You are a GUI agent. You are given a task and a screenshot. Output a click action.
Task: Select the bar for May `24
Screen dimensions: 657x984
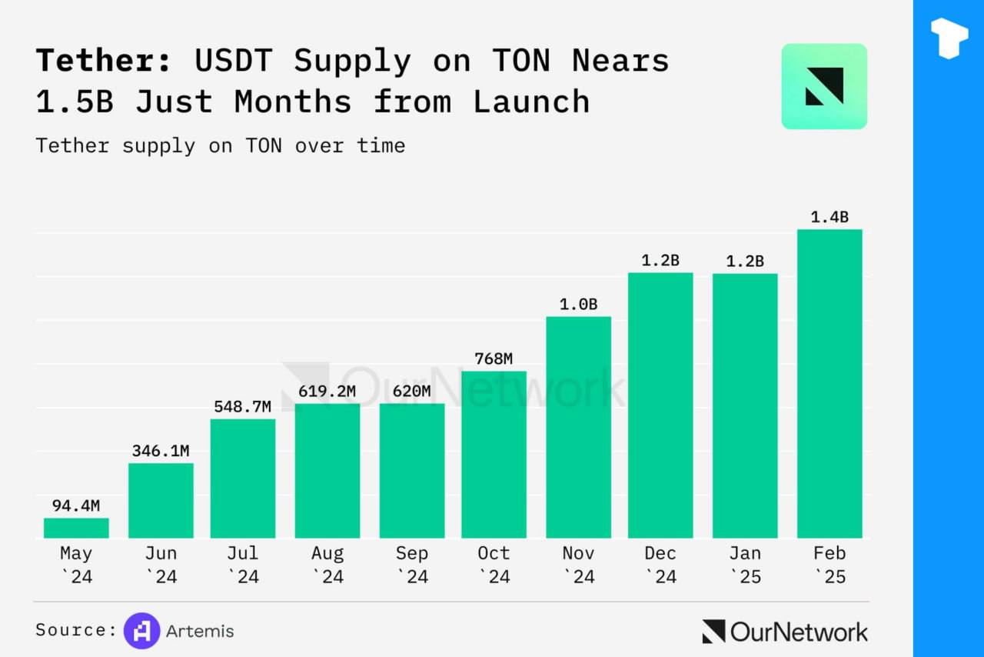76,528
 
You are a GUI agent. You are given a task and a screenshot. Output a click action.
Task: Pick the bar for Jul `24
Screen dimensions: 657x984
243,478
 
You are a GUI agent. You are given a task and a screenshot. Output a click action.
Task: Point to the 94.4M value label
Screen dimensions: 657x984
76,505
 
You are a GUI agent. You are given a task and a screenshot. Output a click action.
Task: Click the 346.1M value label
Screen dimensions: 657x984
161,451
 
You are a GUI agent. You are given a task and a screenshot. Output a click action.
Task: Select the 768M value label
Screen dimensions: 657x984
494,359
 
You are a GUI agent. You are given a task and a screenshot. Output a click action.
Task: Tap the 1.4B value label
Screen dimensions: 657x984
829,217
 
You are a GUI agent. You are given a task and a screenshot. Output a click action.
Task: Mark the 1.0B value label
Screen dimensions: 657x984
578,305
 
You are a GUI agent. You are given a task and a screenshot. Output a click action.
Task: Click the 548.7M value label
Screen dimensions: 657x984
243,406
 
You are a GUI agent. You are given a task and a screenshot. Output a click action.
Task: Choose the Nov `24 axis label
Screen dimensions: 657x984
578,565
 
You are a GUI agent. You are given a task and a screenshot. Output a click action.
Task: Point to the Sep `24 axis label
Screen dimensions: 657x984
412,565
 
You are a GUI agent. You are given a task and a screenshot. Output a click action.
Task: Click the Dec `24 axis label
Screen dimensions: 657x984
660,565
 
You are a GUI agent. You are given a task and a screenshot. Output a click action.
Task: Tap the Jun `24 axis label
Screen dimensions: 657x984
161,565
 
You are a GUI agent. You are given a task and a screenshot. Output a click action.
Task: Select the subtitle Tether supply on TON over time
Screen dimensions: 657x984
220,145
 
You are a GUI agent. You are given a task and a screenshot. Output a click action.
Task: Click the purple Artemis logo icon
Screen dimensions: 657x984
142,632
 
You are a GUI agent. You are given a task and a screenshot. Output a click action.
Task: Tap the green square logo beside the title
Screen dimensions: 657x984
824,86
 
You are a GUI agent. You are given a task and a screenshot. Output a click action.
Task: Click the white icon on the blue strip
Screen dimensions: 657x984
949,38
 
